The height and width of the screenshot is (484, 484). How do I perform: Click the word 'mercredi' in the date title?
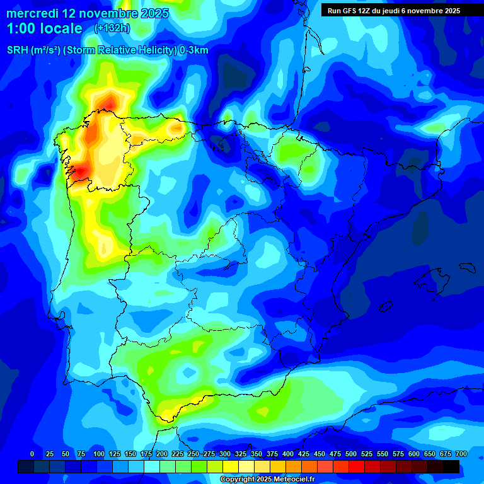tap(32, 13)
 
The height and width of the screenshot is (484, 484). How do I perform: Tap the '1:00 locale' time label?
tap(45, 28)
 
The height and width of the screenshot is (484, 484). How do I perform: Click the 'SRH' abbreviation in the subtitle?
tap(17, 50)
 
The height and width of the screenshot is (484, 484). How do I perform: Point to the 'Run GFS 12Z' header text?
tap(350, 11)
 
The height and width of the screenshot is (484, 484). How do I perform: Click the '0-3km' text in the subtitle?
tap(193, 50)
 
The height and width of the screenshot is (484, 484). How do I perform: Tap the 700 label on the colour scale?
tap(461, 454)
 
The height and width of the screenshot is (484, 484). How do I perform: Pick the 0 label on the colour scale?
tap(32, 454)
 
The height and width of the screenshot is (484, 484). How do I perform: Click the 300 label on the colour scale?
tap(225, 454)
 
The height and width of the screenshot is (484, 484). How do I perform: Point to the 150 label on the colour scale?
tap(130, 454)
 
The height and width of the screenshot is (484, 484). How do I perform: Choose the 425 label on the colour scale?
tap(304, 454)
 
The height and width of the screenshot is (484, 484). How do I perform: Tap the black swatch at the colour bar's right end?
tap(451, 467)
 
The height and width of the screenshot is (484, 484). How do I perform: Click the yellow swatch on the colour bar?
tap(231, 467)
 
